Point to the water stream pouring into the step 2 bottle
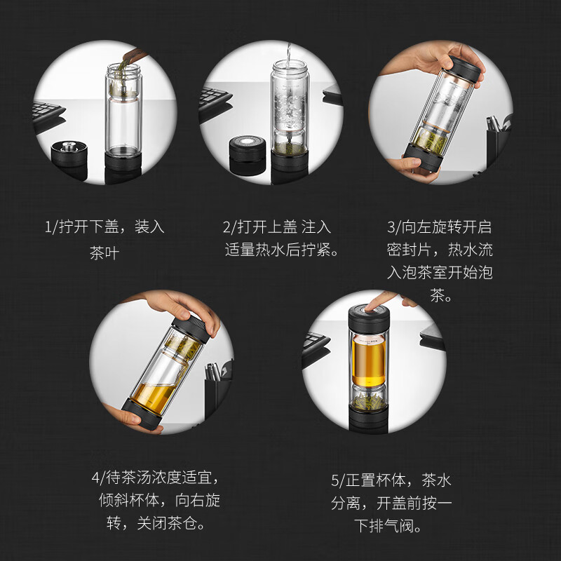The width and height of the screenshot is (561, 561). point(288,53)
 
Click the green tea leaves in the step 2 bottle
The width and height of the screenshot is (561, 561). point(288,147)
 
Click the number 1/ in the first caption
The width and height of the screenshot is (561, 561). point(51,227)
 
